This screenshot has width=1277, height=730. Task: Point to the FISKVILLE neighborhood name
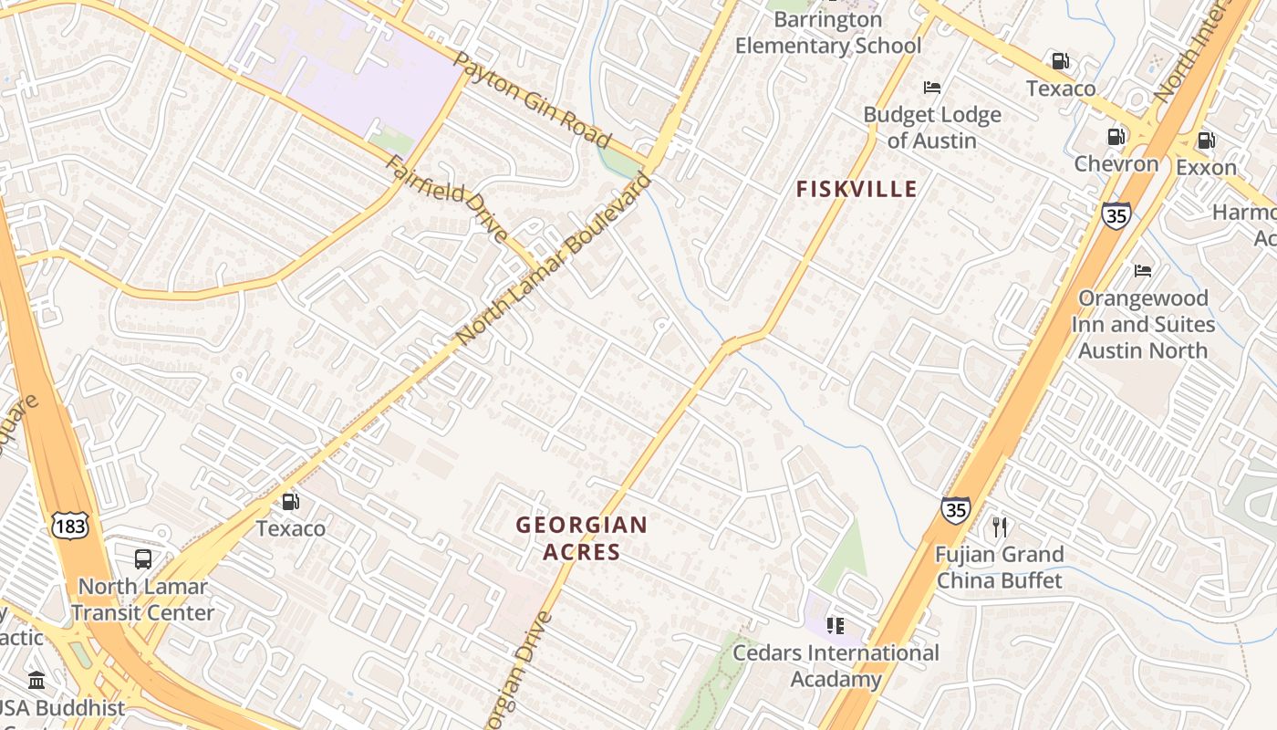pyautogui.click(x=857, y=189)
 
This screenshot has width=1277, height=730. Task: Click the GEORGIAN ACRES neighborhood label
pyautogui.click(x=582, y=538)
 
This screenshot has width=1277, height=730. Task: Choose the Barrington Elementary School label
pyautogui.click(x=828, y=33)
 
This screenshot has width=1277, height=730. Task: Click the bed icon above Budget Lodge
pyautogui.click(x=931, y=88)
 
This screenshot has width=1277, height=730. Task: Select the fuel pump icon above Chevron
pyautogui.click(x=1116, y=137)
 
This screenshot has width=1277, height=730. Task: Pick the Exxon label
pyautogui.click(x=1206, y=167)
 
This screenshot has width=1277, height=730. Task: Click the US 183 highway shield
pyautogui.click(x=70, y=527)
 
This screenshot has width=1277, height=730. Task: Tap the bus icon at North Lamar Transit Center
pyautogui.click(x=143, y=559)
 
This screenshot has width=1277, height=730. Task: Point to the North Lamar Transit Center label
pyautogui.click(x=143, y=600)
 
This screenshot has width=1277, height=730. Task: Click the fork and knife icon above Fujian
pyautogui.click(x=1000, y=527)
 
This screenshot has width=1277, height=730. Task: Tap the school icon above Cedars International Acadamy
pyautogui.click(x=835, y=626)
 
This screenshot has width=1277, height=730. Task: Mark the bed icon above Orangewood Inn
pyautogui.click(x=1142, y=271)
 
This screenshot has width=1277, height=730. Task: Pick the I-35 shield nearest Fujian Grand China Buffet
pyautogui.click(x=955, y=509)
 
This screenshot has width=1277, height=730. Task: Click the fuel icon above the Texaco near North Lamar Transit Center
pyautogui.click(x=290, y=501)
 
